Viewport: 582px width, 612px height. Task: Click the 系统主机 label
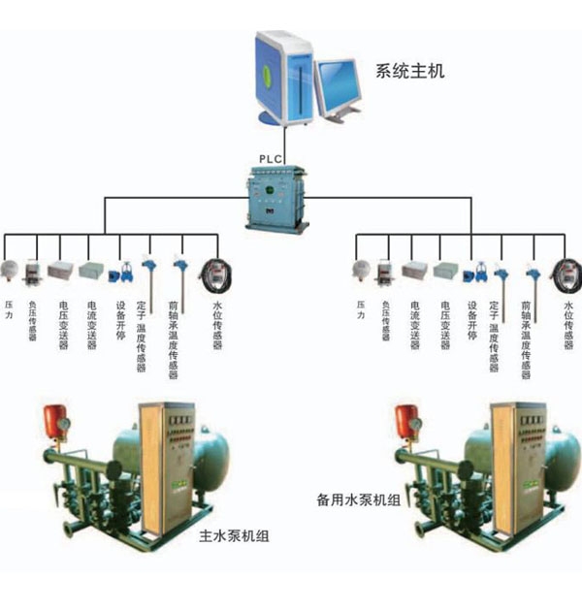tap(409, 70)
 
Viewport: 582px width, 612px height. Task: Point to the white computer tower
tap(285, 74)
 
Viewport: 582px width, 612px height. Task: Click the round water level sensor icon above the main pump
tap(212, 271)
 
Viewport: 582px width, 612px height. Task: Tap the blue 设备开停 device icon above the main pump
tap(125, 271)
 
